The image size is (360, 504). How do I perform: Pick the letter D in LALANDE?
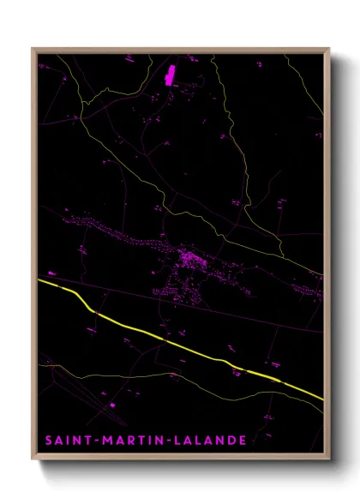tap(234, 441)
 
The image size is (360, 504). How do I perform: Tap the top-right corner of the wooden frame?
tap(329, 49)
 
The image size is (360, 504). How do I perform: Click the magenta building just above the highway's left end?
tap(52, 273)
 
